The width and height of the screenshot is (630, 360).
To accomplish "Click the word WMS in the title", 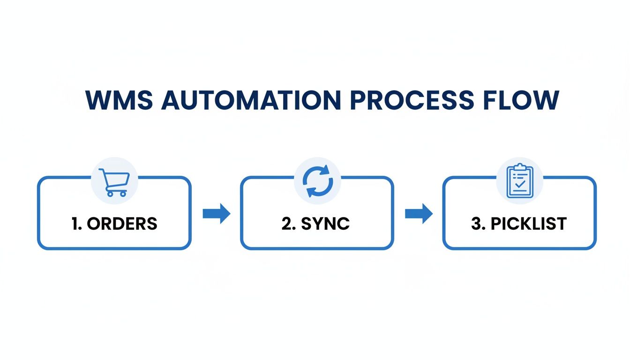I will click(119, 100).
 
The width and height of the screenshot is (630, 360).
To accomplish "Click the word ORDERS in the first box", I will click(122, 224).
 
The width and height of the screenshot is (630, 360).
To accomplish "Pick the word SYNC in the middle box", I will click(325, 224).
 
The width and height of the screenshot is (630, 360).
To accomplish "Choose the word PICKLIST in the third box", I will click(529, 224).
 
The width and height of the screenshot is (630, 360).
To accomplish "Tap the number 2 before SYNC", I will click(286, 224).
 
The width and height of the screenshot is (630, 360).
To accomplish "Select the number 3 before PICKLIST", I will click(476, 224).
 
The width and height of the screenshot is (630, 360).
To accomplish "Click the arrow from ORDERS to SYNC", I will click(216, 214).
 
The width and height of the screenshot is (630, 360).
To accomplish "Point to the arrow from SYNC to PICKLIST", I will click(419, 214).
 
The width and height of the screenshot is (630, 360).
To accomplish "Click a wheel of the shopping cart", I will click(109, 194).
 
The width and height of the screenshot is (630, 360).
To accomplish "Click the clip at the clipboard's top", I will click(520, 168).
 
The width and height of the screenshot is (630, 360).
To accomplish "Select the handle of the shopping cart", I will click(101, 171).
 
